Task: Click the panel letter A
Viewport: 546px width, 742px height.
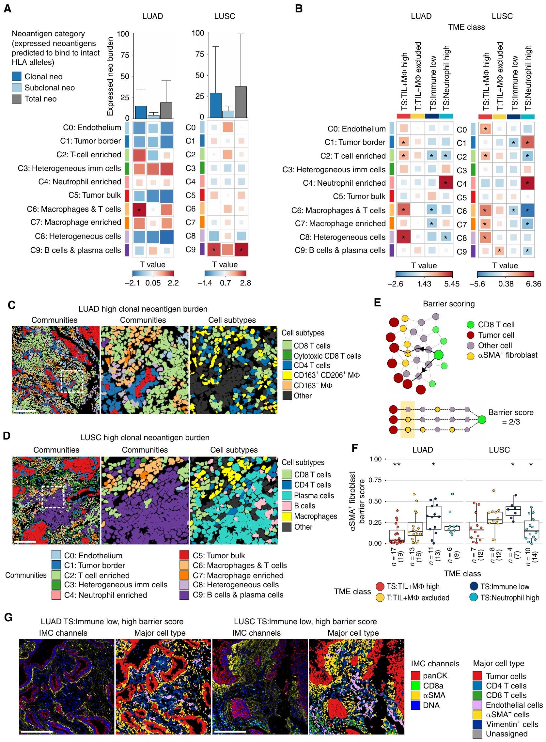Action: pos(7,9)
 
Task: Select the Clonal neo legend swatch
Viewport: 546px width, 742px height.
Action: pos(17,77)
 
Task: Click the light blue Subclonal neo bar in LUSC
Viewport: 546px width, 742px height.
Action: pos(228,114)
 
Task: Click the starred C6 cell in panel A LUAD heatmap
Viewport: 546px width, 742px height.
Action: pos(139,209)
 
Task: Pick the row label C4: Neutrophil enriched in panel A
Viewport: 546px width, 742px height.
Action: pos(80,182)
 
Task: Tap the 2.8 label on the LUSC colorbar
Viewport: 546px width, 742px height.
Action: pos(245,283)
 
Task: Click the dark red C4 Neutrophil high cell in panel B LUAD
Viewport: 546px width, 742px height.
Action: pos(446,183)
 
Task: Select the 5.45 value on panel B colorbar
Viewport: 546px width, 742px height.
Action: pos(451,284)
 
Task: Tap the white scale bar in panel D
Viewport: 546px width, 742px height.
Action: pos(25,542)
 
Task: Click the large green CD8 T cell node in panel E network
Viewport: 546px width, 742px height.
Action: pos(439,355)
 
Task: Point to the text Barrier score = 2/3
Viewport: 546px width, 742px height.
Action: pos(511,417)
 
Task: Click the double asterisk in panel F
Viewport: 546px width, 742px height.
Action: pos(397,465)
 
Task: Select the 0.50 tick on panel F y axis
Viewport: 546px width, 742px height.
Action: pos(375,501)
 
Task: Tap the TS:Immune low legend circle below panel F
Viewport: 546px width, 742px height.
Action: pos(474,586)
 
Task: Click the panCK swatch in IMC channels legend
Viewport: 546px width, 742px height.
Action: pos(416,676)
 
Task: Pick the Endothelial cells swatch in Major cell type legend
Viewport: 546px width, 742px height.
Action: pos(477,705)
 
